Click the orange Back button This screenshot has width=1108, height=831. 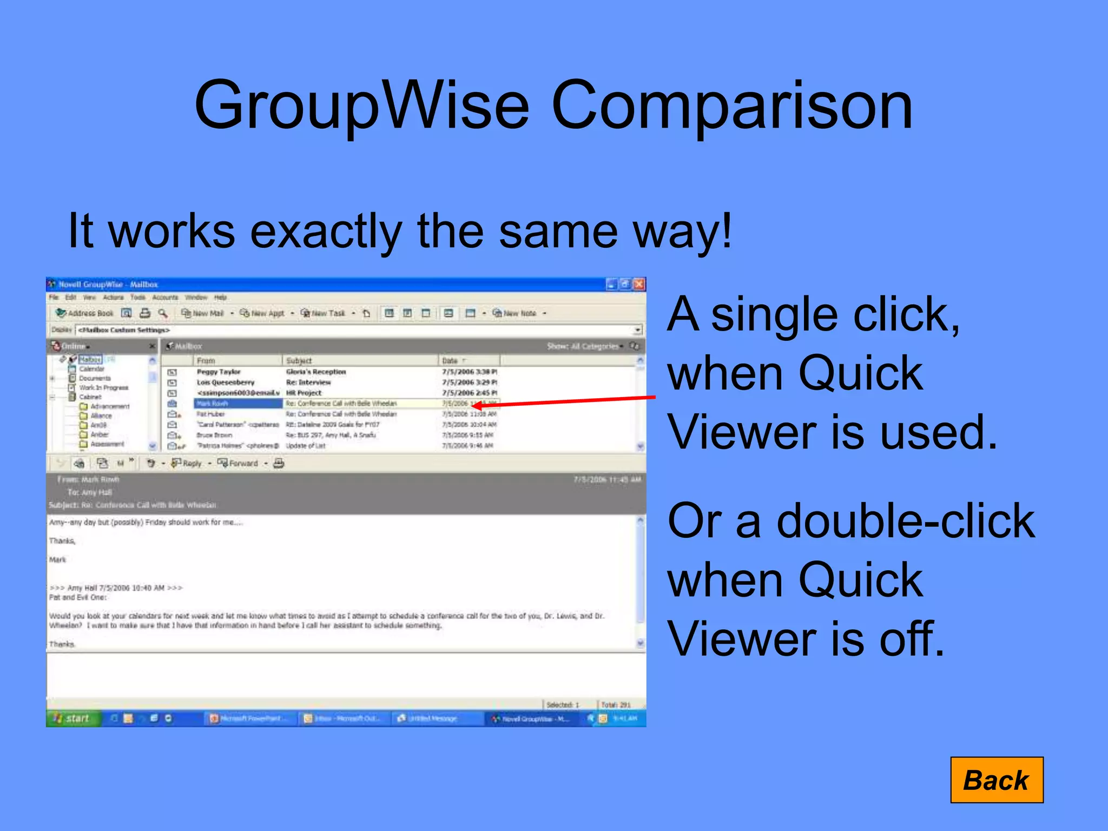[996, 780]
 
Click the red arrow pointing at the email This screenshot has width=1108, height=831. [563, 401]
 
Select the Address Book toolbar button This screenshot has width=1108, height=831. [85, 313]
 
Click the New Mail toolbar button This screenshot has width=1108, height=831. [202, 313]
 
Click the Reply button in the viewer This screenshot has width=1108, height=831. [187, 463]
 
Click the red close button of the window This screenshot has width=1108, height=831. [639, 284]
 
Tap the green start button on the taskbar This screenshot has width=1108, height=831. [72, 718]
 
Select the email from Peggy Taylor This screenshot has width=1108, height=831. [219, 372]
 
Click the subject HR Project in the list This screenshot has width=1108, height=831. [304, 393]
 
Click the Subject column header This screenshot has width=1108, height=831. [299, 360]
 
